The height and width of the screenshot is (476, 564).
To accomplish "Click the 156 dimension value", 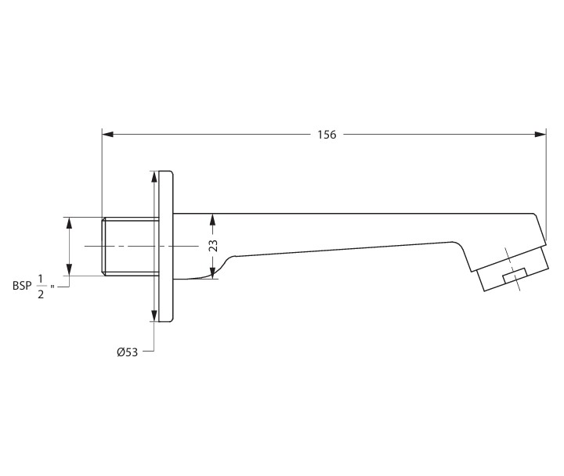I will pos(327,135).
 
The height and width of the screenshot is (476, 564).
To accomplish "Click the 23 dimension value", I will pos(213,245).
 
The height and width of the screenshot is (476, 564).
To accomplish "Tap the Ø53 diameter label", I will pos(127,352).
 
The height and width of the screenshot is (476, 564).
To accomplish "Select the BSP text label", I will pos(22,286).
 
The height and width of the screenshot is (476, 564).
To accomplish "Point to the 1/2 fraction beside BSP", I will pos(41,286).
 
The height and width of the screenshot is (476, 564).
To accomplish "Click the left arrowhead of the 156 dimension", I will pos(108,135).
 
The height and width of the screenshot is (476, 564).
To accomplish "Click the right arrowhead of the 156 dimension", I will pos(540,135).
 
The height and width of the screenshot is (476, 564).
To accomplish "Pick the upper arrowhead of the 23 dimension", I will pos(213,218).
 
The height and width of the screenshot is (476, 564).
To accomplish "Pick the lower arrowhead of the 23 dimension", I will pos(213,273).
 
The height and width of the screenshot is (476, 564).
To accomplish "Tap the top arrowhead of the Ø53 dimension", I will pos(154,178).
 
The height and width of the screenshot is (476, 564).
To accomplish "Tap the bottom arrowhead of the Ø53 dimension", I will pos(154,316).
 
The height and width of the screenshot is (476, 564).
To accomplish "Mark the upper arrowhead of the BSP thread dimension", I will pos(70,223).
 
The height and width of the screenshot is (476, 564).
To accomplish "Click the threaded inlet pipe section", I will pos(130,246).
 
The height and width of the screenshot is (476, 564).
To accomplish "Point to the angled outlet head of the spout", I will pos(509,262).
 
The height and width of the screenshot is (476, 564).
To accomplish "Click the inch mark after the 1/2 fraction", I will pos(52,288).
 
